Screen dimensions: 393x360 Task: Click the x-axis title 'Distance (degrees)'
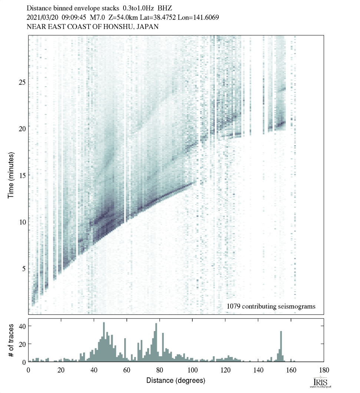click(176, 380)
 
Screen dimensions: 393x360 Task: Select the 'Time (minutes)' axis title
click(11, 174)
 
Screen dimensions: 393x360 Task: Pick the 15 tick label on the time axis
click(22, 175)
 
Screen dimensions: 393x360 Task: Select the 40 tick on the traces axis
click(22, 326)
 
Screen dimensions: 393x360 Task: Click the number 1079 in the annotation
click(234, 307)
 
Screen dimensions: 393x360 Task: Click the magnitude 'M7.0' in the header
click(98, 17)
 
